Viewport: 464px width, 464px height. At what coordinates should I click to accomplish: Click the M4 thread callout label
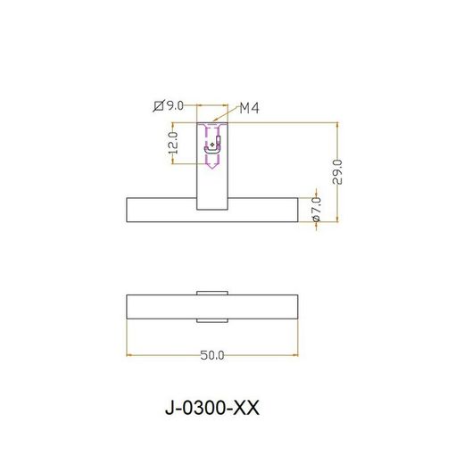click(x=249, y=109)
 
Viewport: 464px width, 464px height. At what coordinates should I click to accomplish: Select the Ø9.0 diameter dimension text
click(x=170, y=106)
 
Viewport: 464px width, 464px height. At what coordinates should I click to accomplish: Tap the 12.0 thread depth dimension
click(x=172, y=144)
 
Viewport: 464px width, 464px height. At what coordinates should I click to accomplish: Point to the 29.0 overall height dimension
click(x=336, y=170)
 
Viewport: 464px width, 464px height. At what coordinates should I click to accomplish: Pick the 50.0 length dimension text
click(x=211, y=355)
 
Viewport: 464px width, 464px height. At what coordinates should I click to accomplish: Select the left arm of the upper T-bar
click(x=162, y=210)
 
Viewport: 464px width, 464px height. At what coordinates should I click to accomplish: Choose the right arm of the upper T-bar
click(x=263, y=210)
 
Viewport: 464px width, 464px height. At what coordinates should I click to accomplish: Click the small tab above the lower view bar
click(x=212, y=291)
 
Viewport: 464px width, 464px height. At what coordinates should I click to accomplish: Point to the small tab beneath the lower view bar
click(x=212, y=319)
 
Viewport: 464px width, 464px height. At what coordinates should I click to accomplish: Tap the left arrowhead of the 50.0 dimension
click(x=131, y=355)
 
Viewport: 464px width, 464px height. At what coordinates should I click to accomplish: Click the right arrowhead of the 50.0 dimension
click(x=294, y=355)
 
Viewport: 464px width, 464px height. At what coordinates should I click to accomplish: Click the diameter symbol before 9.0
click(x=158, y=106)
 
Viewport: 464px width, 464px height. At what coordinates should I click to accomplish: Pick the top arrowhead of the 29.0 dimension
click(x=336, y=126)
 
